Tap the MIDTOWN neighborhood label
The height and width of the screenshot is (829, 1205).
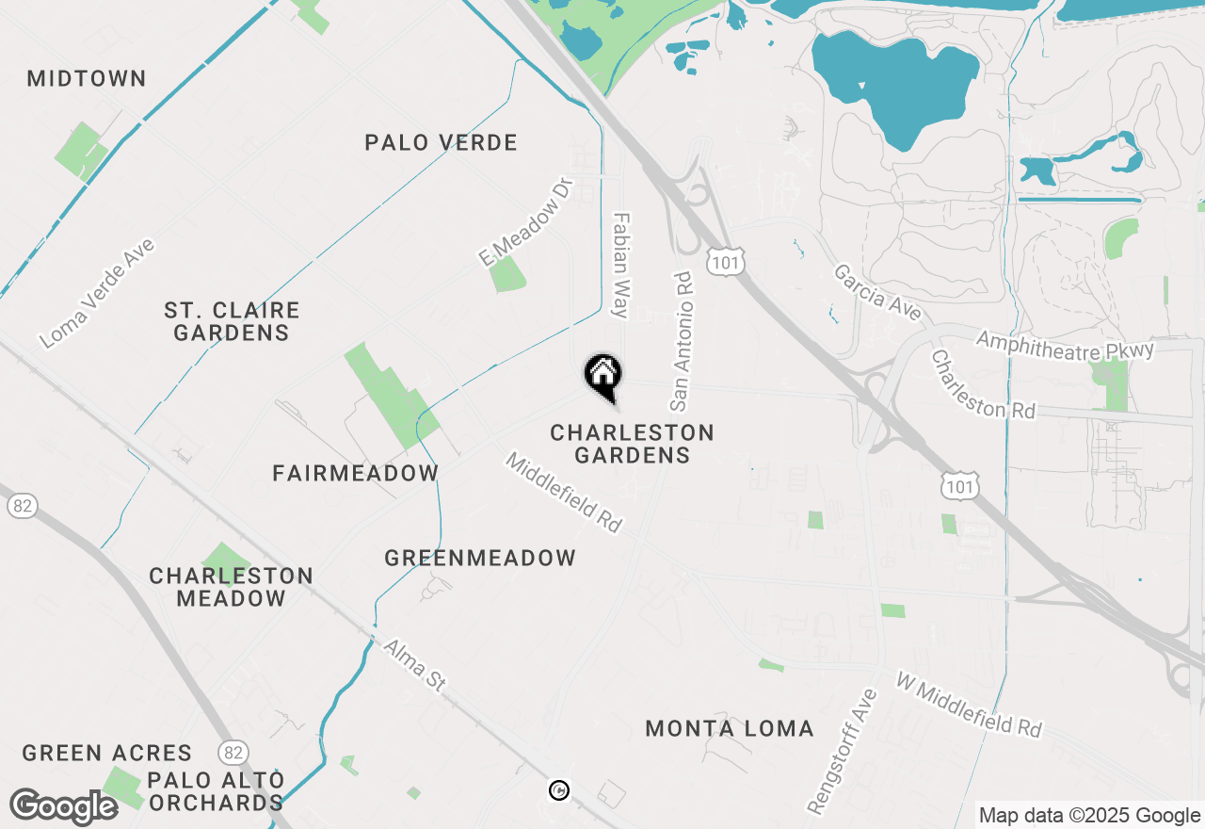tap(87, 78)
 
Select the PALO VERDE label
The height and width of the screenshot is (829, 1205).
tap(442, 143)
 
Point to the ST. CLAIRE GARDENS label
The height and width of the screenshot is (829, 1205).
tap(232, 321)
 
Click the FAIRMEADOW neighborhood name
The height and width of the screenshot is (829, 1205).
tap(356, 473)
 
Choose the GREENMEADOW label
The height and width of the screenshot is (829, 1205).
tap(480, 558)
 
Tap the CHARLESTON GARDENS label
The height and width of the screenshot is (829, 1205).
tap(633, 444)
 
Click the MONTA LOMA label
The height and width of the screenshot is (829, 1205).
tap(730, 728)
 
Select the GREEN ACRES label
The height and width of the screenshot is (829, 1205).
tap(107, 753)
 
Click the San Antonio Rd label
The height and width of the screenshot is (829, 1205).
tap(682, 342)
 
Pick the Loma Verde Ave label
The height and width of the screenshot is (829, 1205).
tap(98, 293)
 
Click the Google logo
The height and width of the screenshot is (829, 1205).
tap(64, 806)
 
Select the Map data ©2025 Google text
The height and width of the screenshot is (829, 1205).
tap(1089, 816)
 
